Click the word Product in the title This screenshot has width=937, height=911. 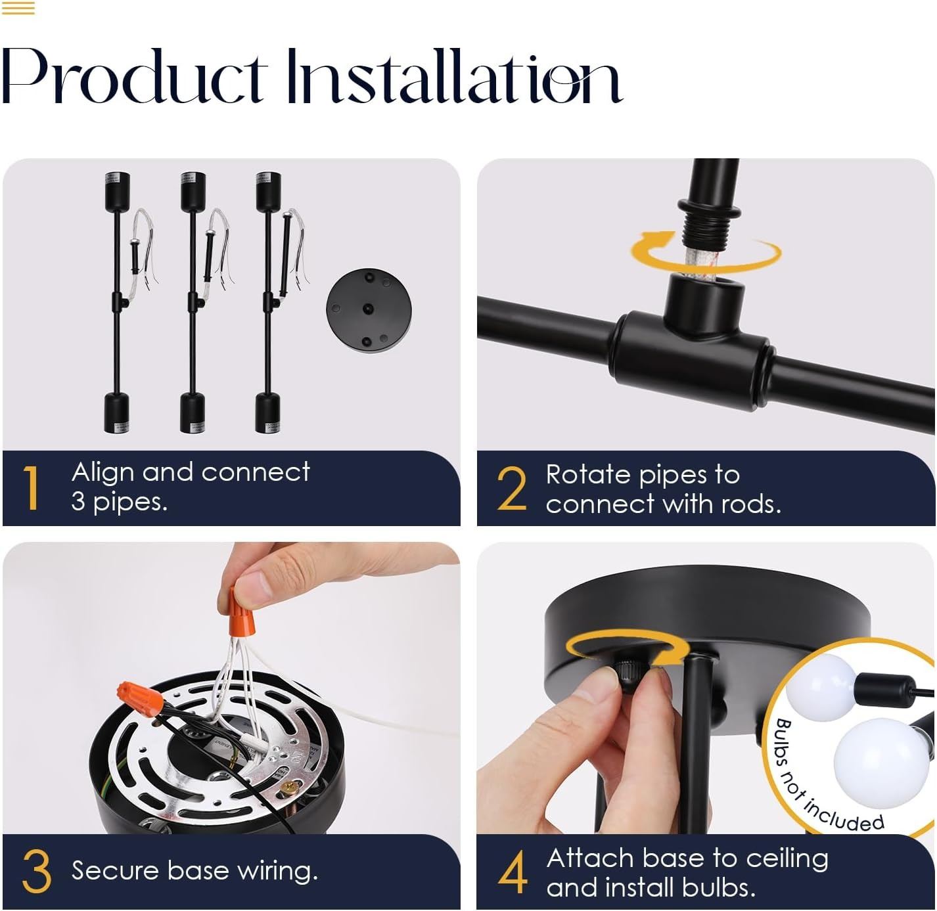click(134, 76)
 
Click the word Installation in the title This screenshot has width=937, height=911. click(455, 76)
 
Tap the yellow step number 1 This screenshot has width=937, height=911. click(32, 487)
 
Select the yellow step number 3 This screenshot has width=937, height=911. click(37, 871)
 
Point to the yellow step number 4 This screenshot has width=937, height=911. click(513, 872)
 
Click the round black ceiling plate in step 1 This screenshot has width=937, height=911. click(369, 311)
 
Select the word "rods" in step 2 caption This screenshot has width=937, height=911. click(750, 504)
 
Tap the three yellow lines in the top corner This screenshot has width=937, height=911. click(18, 8)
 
